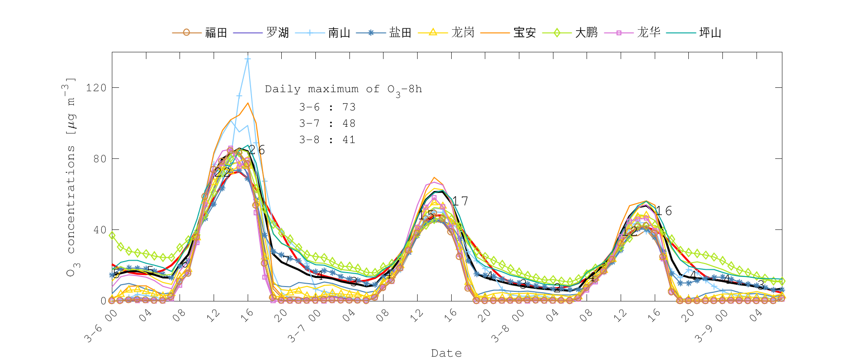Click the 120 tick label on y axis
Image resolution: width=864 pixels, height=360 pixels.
pyautogui.click(x=96, y=88)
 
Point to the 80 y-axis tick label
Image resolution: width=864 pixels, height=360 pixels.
pyautogui.click(x=100, y=159)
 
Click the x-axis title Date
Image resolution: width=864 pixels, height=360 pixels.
pyautogui.click(x=446, y=353)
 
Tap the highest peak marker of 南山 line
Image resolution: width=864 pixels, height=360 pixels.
pyautogui.click(x=248, y=59)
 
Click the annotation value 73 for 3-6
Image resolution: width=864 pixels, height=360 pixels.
pyautogui.click(x=349, y=107)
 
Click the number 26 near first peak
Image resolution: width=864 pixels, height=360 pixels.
pyautogui.click(x=257, y=150)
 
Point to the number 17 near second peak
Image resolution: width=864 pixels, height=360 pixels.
pyautogui.click(x=460, y=201)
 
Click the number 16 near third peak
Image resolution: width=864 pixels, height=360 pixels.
pyautogui.click(x=664, y=211)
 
